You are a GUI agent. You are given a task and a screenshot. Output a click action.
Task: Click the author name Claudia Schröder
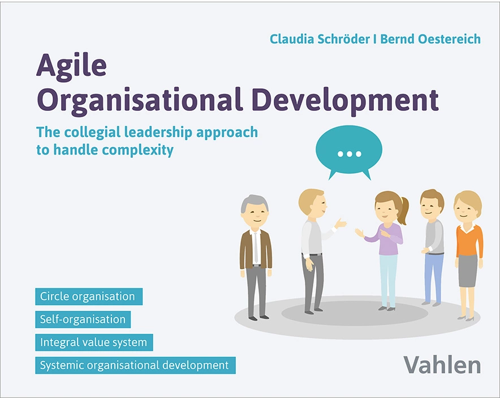322,39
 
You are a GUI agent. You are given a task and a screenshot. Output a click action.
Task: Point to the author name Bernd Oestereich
430,39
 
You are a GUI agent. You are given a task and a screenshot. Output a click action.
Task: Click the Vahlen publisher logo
442,364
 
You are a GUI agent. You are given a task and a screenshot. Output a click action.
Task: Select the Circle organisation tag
88,296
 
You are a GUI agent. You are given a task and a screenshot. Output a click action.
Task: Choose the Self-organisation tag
83,319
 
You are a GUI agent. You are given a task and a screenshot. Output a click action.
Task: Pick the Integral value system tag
93,342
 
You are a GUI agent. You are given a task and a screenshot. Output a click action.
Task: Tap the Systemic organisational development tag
135,365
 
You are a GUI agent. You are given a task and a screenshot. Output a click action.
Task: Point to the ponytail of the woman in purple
403,210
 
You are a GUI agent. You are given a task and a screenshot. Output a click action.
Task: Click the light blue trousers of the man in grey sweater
433,277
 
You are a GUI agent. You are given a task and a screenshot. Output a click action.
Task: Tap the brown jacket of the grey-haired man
245,249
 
